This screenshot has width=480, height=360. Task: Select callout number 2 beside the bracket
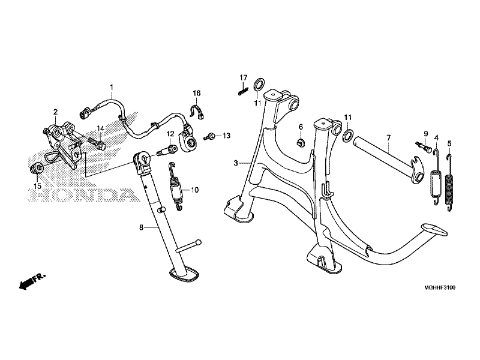(x=55, y=112)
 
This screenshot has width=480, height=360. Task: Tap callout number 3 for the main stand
(x=236, y=163)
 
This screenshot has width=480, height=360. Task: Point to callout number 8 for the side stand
(x=141, y=227)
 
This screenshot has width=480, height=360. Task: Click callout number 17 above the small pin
(x=244, y=78)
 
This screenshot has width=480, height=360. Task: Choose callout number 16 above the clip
(x=196, y=93)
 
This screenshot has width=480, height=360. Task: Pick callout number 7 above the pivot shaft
(x=388, y=137)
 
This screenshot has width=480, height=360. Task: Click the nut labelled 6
(x=301, y=142)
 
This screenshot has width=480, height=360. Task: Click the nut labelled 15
(x=36, y=167)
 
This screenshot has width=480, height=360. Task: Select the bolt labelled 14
(x=97, y=144)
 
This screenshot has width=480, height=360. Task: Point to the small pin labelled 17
(x=242, y=91)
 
